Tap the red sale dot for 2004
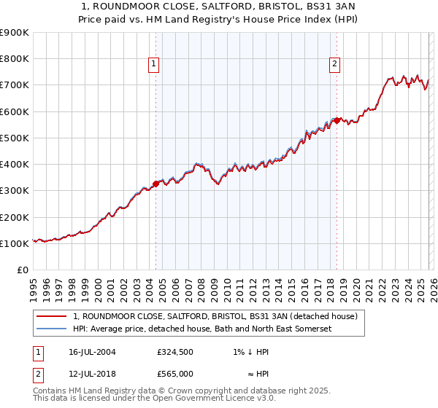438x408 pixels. click(x=155, y=184)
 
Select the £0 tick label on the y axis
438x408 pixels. click(x=23, y=270)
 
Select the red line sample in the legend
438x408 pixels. click(x=52, y=317)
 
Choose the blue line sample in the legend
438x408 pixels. click(x=52, y=329)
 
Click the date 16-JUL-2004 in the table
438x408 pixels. click(x=100, y=351)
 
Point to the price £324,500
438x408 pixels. click(x=174, y=351)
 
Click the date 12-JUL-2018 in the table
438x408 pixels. click(x=100, y=373)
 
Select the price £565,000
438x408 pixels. click(x=174, y=373)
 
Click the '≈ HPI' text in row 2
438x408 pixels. click(x=255, y=373)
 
